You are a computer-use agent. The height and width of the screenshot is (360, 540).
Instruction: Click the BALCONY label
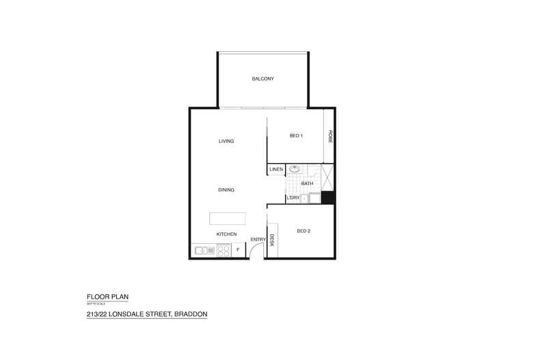click(262, 79)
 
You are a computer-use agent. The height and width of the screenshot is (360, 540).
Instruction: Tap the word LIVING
click(226, 141)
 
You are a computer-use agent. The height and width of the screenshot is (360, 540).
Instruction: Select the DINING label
click(226, 190)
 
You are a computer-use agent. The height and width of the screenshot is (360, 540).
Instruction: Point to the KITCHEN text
click(226, 234)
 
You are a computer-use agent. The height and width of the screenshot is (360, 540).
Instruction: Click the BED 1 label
click(296, 136)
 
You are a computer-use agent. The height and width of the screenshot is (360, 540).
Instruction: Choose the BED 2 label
click(303, 232)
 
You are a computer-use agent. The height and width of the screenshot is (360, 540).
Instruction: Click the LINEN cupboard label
click(276, 169)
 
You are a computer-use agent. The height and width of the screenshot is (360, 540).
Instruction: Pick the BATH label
click(307, 183)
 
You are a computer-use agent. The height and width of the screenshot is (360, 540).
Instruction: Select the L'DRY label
click(293, 198)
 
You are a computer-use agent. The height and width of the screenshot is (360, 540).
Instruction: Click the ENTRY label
click(258, 239)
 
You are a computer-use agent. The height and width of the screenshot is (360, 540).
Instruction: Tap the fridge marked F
click(237, 251)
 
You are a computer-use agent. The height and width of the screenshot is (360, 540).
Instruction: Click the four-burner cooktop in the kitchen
click(221, 251)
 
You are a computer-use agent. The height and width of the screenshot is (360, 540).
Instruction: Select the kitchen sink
click(202, 251)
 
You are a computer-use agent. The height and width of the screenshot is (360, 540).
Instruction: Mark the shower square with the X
click(327, 177)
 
